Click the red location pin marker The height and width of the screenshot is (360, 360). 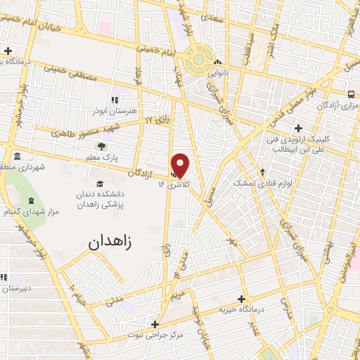pos(181,165)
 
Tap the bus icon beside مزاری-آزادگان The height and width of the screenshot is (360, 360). pos(352,94)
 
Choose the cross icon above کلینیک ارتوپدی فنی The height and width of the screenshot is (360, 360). pos(299,128)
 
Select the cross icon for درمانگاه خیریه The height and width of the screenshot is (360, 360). pos(243,298)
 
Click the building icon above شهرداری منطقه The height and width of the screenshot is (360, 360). pos(17,155)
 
